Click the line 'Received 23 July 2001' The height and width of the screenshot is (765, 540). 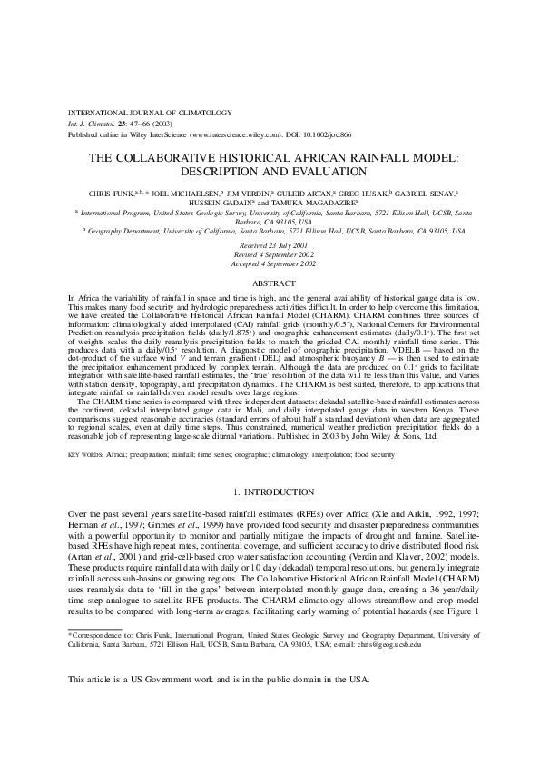coord(270,245)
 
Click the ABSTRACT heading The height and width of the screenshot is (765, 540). coord(270,283)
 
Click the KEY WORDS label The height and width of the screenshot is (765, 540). coord(85,452)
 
